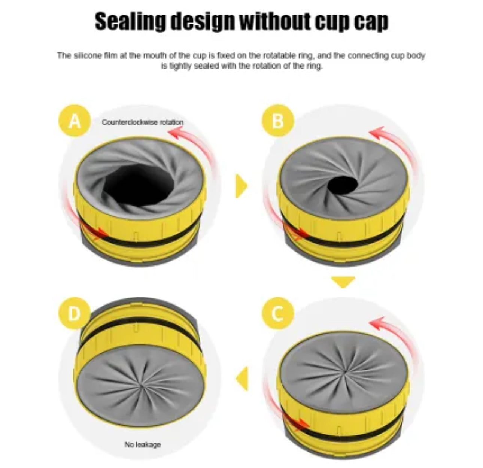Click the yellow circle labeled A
point(75,121)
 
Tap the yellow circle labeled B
point(278,121)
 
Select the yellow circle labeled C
point(277,313)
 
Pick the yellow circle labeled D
point(74,313)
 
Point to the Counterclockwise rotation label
point(143,122)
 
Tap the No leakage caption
point(142,444)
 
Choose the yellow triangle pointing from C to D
point(242,379)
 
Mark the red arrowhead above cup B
point(376,133)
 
